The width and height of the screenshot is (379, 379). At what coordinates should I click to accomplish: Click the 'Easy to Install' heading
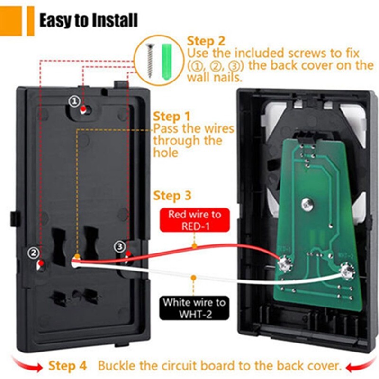[89, 20]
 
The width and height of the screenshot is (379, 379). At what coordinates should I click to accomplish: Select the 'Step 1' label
[172, 117]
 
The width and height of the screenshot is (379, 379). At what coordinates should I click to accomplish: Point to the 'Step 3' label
[172, 196]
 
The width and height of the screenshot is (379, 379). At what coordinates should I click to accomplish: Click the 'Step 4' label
[67, 365]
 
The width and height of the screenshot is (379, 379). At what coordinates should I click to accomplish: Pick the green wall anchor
[167, 62]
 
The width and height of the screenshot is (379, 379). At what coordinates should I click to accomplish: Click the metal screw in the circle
[150, 61]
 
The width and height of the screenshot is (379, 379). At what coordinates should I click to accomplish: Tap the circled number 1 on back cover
[74, 101]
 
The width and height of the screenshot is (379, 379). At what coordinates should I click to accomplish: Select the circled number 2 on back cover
[33, 253]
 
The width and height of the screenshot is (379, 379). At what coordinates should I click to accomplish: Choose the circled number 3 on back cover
[120, 246]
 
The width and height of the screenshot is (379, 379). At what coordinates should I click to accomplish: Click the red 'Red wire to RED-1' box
[195, 220]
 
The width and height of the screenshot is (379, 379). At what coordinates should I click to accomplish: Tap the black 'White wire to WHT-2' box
[194, 308]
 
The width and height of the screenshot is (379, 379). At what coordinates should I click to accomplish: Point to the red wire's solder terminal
[285, 264]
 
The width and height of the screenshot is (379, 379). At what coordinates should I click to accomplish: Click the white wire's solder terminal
[347, 271]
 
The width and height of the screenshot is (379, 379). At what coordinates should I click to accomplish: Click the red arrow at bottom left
[27, 364]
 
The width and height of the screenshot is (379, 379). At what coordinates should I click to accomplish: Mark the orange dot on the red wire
[194, 246]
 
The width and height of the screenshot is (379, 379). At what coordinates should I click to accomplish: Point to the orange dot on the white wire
[193, 278]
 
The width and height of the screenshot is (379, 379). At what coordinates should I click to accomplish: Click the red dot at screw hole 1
[83, 108]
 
